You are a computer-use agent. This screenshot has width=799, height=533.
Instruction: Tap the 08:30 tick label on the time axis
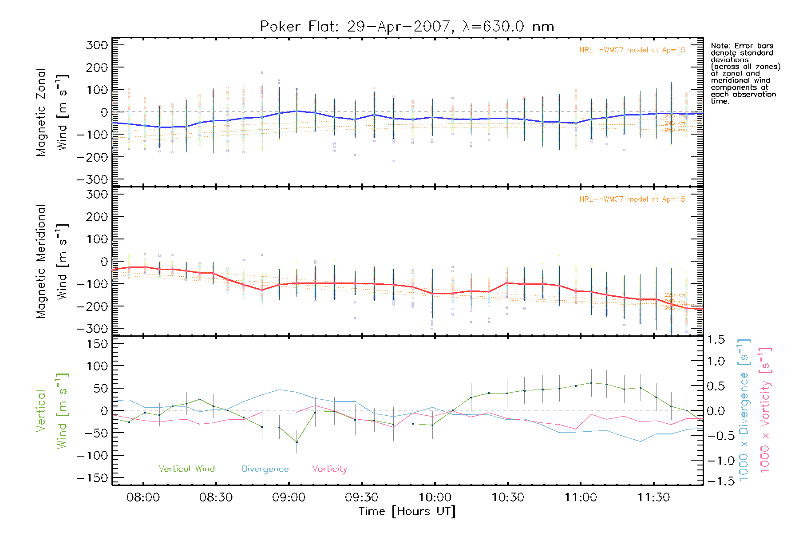click(x=216, y=497)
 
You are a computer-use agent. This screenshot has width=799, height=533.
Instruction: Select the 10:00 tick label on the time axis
click(x=435, y=497)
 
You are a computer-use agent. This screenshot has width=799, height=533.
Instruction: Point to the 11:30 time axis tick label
click(x=653, y=497)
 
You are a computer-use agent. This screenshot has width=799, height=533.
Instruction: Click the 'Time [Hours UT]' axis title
click(x=407, y=512)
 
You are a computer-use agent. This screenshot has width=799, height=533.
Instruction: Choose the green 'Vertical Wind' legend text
click(x=186, y=469)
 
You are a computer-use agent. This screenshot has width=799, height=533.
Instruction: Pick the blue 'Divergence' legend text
click(x=265, y=469)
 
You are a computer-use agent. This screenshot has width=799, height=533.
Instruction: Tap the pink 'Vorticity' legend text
click(x=329, y=469)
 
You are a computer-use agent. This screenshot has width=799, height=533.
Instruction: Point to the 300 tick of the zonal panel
click(x=97, y=45)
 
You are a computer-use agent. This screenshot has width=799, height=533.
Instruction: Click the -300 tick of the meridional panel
click(x=92, y=329)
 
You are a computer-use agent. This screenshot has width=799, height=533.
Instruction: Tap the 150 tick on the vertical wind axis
click(x=97, y=344)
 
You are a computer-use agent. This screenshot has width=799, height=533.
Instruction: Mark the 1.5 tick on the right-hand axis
click(x=716, y=340)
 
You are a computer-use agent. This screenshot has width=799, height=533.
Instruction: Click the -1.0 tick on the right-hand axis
click(x=716, y=461)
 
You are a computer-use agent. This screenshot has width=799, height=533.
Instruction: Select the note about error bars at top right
click(x=745, y=73)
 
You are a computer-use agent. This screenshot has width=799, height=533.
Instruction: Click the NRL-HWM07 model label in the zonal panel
click(x=632, y=50)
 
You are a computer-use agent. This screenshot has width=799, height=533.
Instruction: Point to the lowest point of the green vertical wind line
click(x=297, y=442)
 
